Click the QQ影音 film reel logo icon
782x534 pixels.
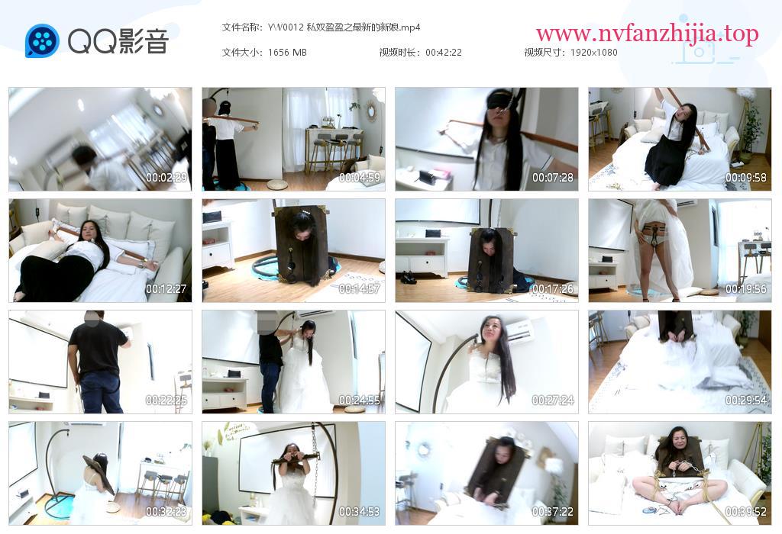tap(42, 41)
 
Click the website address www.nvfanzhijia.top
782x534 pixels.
tap(647, 34)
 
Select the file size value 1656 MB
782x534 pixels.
tap(287, 53)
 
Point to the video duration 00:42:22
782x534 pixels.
tap(444, 53)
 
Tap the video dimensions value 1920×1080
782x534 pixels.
tap(593, 53)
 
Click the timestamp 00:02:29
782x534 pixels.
tap(166, 177)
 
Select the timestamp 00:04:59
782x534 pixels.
tap(360, 177)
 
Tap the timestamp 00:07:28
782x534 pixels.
tap(553, 177)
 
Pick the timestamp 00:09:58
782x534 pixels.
tap(745, 177)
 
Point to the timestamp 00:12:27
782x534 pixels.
tap(166, 289)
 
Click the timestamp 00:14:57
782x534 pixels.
tap(360, 289)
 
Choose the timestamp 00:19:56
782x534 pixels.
tap(745, 289)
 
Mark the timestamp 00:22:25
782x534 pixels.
tap(166, 400)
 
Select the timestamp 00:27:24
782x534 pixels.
tap(553, 400)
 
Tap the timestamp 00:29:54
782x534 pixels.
tap(745, 400)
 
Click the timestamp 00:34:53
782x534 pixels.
tap(360, 512)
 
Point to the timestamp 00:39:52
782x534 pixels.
tap(745, 512)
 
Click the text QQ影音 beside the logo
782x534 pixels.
tap(118, 41)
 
